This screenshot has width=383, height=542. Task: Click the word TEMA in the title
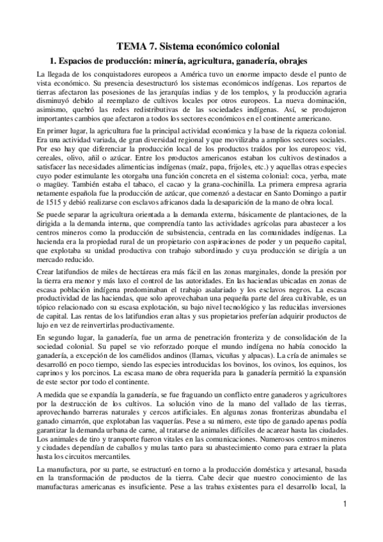pyautogui.click(x=134, y=46)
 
